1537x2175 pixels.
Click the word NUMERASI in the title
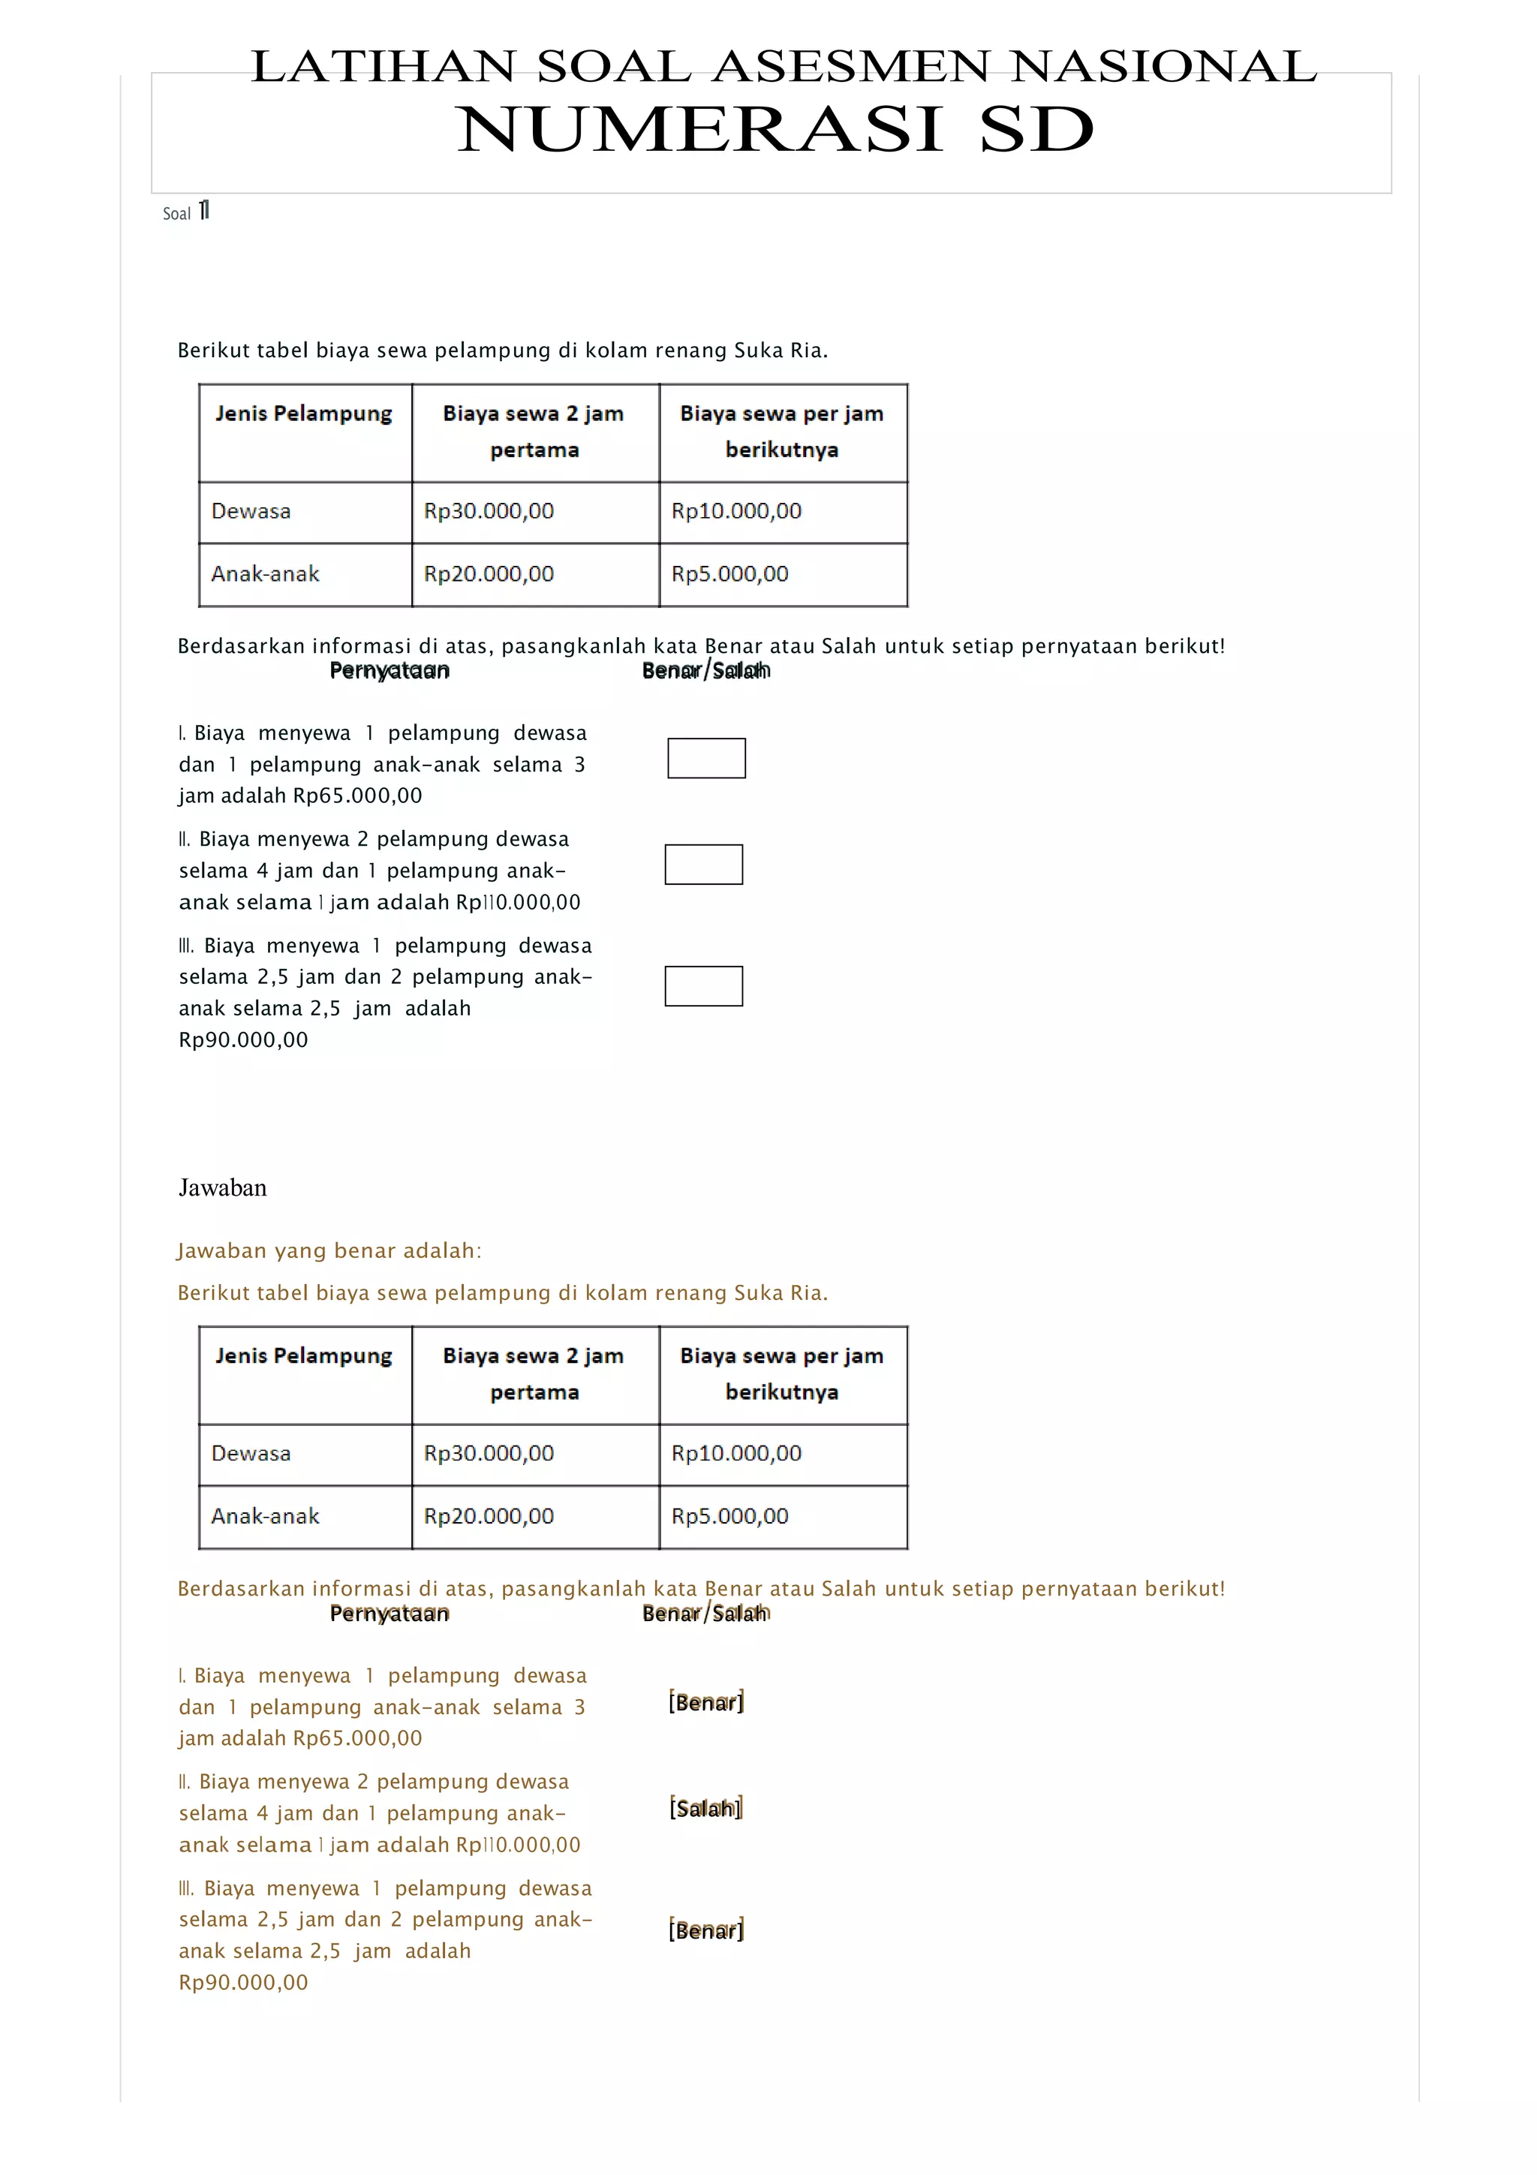click(x=699, y=130)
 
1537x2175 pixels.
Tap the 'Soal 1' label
click(x=185, y=212)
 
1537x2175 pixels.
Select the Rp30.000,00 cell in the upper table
click(x=489, y=512)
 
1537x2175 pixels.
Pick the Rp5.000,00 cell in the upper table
click(x=729, y=574)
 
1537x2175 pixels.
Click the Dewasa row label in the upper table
click(x=251, y=512)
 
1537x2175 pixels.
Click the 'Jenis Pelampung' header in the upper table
click(x=303, y=414)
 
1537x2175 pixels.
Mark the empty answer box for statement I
click(x=706, y=759)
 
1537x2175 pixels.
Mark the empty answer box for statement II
click(x=704, y=865)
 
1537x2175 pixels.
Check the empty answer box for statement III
click(x=704, y=986)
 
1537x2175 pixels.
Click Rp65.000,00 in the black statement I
click(x=358, y=796)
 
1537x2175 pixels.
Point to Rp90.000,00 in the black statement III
click(x=243, y=1040)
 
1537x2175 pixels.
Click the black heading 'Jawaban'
click(x=223, y=1188)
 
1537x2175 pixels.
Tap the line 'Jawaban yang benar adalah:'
click(x=329, y=1251)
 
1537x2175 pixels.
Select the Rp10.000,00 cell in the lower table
click(x=735, y=1453)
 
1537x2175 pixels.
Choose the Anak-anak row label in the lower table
click(x=265, y=1516)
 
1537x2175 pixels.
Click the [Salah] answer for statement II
click(x=705, y=1809)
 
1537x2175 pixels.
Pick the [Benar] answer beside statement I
click(x=705, y=1702)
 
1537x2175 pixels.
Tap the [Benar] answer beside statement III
click(x=705, y=1930)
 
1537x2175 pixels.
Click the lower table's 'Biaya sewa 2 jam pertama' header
click(x=534, y=1373)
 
